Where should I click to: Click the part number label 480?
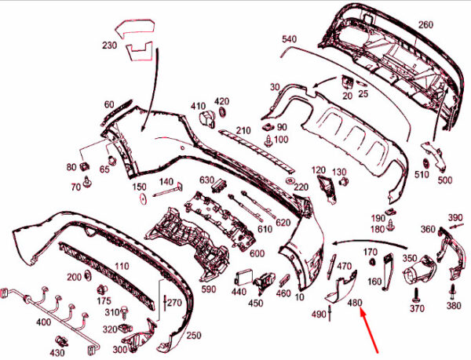click(x=355, y=303)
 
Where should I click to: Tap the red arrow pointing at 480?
click(x=369, y=331)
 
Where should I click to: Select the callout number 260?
click(x=426, y=24)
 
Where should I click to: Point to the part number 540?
click(x=289, y=39)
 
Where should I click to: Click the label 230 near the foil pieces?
click(x=109, y=45)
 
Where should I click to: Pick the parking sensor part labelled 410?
click(x=207, y=119)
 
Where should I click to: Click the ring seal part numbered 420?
click(x=223, y=112)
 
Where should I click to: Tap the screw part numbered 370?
click(x=417, y=295)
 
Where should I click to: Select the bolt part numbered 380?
click(x=453, y=290)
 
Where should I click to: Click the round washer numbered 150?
click(x=144, y=198)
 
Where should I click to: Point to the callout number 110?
click(x=122, y=267)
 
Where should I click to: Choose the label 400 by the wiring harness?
click(x=43, y=322)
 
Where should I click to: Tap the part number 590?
click(x=209, y=289)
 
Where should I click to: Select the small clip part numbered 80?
click(x=84, y=165)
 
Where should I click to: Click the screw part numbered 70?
click(x=88, y=182)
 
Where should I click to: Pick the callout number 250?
click(x=194, y=336)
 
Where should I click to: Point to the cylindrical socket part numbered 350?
click(x=419, y=271)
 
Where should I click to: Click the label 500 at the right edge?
click(x=445, y=180)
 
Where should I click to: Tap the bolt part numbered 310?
click(x=124, y=312)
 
